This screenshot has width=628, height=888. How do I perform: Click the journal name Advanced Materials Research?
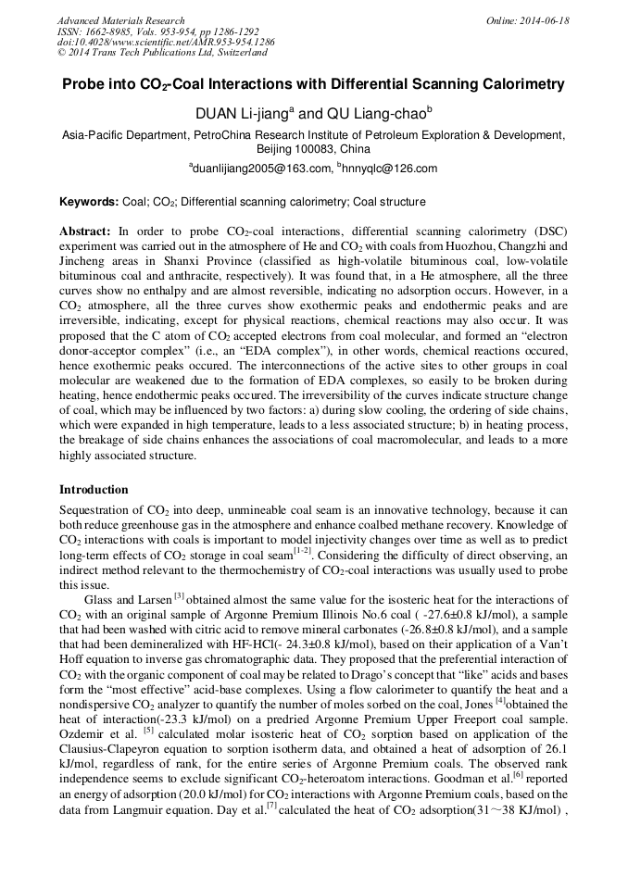click(121, 20)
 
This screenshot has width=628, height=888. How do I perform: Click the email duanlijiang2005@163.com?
click(261, 169)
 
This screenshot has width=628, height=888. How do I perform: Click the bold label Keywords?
click(89, 202)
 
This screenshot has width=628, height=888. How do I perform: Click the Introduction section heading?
click(94, 490)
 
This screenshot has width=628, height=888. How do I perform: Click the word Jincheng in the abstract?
click(82, 260)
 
